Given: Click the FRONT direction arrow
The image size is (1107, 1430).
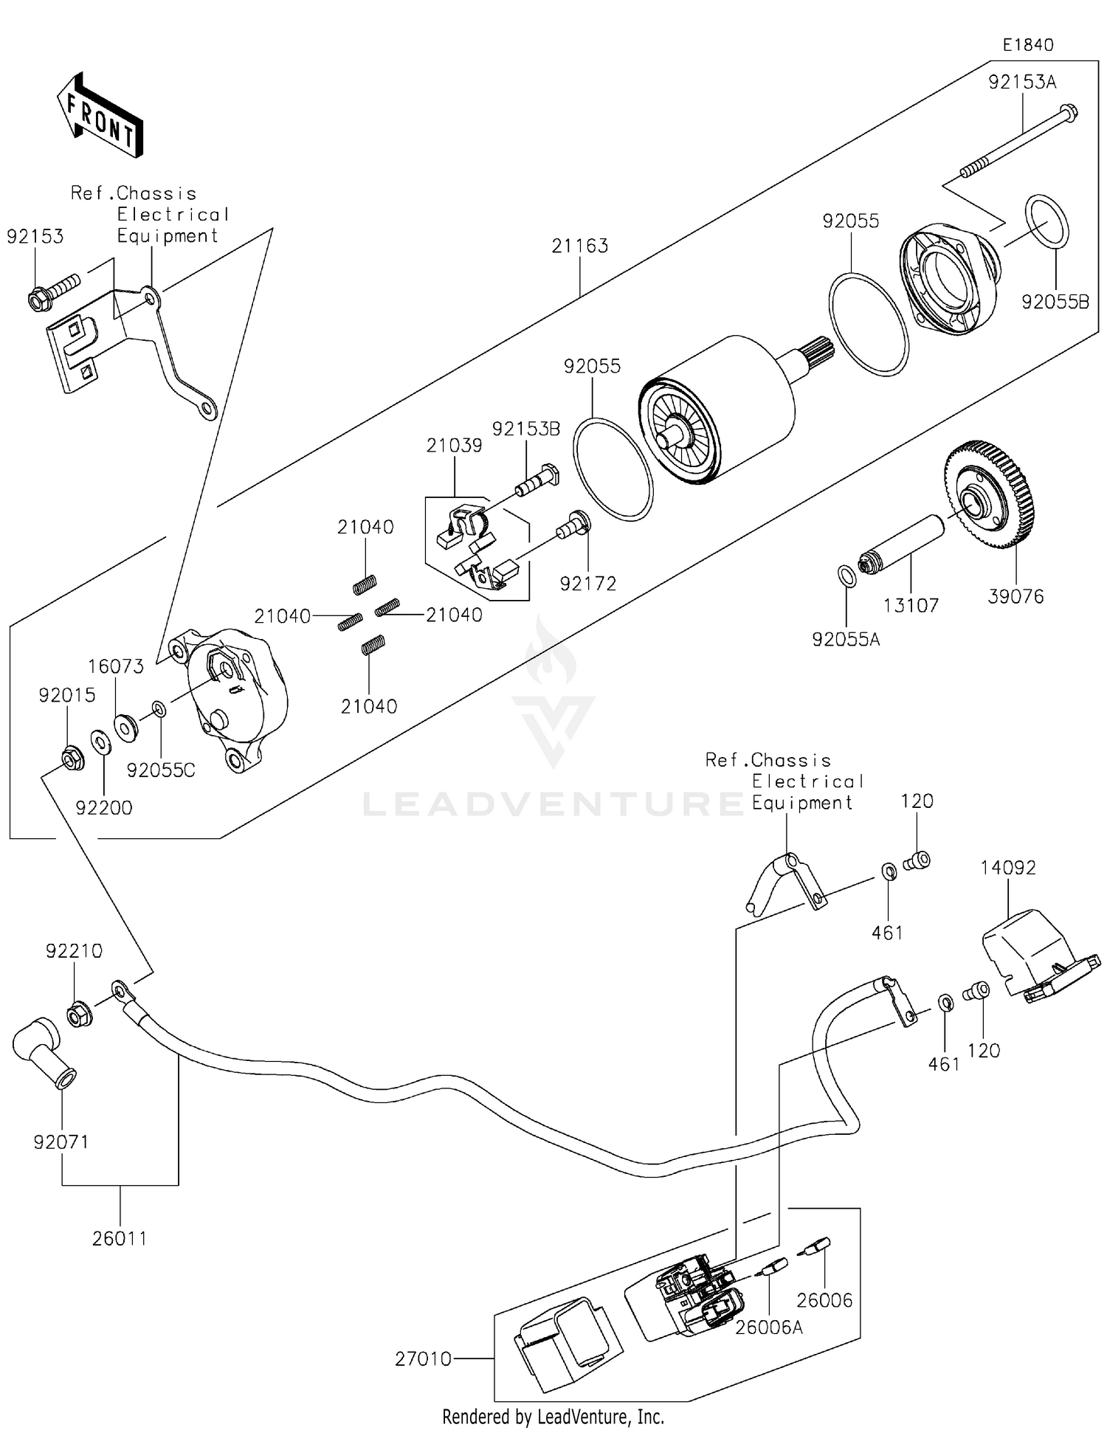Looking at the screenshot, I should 100,116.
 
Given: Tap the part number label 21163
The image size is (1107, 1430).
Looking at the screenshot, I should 579,246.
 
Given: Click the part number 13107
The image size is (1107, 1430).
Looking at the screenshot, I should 911,606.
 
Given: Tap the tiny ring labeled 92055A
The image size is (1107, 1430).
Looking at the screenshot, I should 848,576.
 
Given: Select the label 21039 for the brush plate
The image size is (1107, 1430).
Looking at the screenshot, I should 454,446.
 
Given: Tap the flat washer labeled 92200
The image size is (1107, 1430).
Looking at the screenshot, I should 101,742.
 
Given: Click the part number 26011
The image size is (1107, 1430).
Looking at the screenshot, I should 119,1239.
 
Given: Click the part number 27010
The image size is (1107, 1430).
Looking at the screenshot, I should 423,1358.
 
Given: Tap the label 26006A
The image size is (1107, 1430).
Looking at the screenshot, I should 768,1327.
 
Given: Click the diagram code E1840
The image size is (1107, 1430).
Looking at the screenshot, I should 1027,45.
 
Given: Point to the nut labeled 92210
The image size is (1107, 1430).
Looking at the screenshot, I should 79,1015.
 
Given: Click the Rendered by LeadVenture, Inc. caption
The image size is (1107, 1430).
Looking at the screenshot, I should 553,1417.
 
